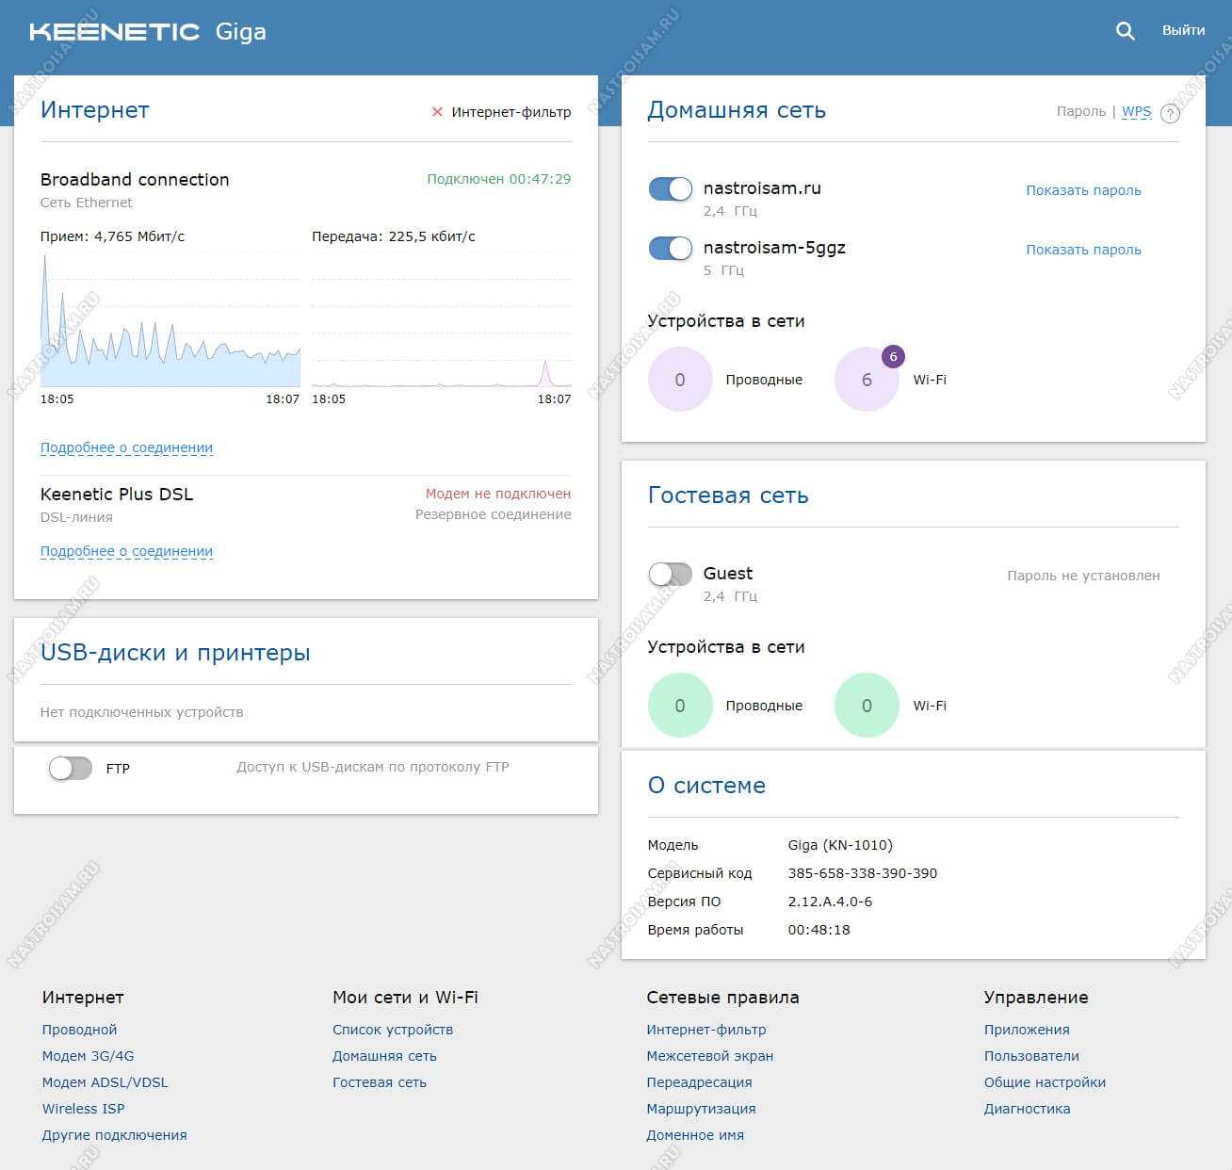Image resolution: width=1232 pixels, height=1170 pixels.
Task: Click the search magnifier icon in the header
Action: (1125, 31)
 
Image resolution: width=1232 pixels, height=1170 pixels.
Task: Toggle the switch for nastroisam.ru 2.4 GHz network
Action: (671, 189)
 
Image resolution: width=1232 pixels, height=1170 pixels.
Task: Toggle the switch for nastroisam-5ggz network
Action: (671, 249)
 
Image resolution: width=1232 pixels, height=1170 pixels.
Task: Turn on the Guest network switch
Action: (671, 574)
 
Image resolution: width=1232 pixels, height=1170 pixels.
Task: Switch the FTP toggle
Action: (71, 769)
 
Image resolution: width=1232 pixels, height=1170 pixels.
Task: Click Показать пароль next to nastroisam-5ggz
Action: (1083, 250)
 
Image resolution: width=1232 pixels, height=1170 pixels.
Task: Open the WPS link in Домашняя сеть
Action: (1136, 111)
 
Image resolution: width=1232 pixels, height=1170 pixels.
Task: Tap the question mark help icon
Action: (1170, 114)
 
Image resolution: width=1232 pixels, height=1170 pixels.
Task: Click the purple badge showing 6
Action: (893, 357)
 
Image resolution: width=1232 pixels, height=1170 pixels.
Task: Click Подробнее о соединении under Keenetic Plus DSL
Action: (126, 551)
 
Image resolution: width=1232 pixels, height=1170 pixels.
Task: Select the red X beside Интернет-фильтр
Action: (437, 112)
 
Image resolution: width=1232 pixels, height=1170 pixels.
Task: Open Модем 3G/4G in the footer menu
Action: (88, 1056)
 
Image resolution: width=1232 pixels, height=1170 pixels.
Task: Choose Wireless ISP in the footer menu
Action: (83, 1109)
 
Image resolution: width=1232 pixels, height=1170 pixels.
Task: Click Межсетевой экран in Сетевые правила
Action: (709, 1056)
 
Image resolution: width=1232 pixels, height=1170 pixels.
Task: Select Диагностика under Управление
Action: (1027, 1109)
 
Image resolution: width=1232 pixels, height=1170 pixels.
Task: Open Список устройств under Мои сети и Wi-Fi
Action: (393, 1030)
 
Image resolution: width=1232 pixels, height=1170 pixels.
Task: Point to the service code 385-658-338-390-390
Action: (862, 873)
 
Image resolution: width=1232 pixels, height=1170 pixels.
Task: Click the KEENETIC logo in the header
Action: (115, 32)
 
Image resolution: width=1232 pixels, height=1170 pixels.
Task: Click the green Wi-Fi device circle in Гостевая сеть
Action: (867, 706)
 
